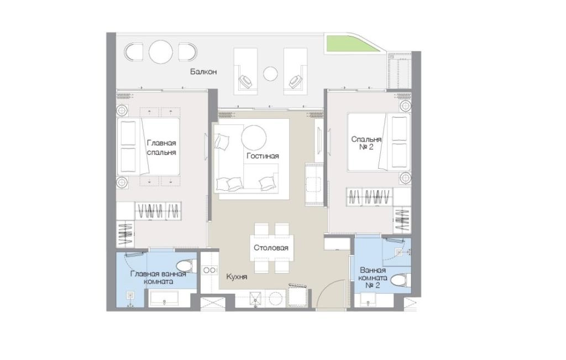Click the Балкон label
point(203,72)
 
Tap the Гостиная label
point(263,156)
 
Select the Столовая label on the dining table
point(271,248)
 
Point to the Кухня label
point(237,277)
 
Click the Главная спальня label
point(161,148)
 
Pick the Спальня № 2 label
point(366,143)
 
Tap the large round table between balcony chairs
point(161,52)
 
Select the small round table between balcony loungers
point(270,74)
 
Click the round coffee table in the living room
point(254,138)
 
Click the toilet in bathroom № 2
point(401,280)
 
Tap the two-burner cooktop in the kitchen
point(209,270)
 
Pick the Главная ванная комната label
point(158,277)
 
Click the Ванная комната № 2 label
point(373,278)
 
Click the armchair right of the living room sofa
point(315,185)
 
